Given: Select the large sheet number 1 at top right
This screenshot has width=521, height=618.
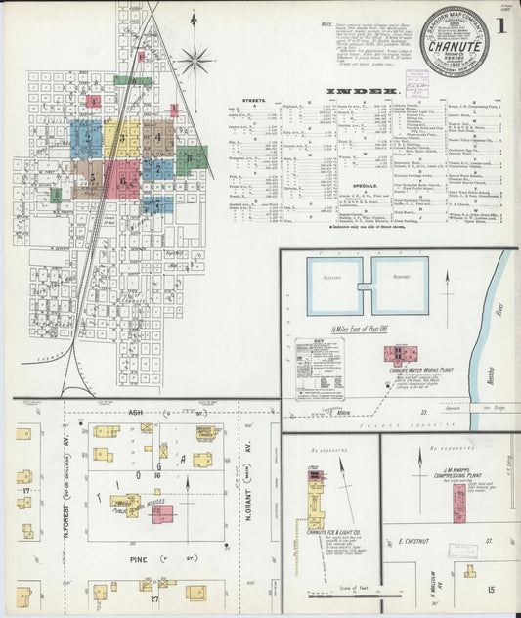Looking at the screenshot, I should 499,28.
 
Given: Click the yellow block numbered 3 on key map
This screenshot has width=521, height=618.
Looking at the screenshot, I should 121,139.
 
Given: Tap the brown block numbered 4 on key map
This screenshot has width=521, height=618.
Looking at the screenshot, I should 157,139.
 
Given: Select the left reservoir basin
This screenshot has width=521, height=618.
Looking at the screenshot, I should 334,286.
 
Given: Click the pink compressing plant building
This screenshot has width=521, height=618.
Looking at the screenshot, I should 459,503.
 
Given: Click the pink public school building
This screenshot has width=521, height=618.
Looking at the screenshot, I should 163,512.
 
